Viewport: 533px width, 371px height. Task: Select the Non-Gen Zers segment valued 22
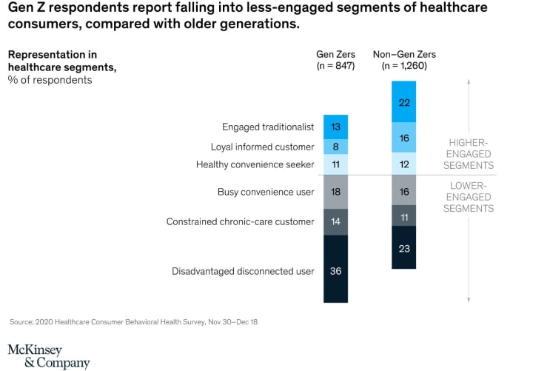404,102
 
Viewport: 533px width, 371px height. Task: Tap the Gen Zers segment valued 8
336,147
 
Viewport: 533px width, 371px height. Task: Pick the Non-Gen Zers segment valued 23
404,247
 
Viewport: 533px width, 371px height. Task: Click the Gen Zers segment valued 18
336,192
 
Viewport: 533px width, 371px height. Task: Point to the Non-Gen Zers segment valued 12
404,164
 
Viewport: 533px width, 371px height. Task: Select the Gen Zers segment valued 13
336,127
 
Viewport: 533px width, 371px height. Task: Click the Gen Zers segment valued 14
336,221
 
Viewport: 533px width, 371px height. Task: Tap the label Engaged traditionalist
268,127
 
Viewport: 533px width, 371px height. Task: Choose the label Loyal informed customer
262,147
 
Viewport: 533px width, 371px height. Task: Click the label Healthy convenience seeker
255,164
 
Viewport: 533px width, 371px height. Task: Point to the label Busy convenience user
266,193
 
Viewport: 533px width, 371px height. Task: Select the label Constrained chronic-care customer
240,221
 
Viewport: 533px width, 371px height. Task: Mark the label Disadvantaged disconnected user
243,271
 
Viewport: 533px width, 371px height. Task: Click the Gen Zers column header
336,60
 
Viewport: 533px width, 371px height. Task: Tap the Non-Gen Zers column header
404,60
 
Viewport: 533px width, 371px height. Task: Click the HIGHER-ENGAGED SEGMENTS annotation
469,153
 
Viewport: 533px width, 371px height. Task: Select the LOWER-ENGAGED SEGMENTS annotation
469,197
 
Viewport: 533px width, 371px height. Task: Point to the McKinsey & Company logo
48,356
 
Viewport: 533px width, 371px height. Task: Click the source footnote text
133,322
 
